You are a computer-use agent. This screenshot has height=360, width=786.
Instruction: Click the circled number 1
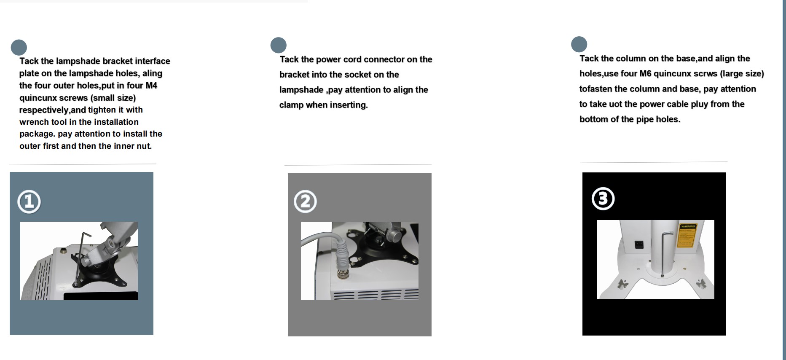click(x=29, y=201)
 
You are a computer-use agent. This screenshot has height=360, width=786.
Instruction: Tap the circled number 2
click(x=305, y=201)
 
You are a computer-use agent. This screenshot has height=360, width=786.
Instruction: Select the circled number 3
click(x=603, y=199)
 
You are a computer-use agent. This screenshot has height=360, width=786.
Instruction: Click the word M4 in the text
click(x=151, y=86)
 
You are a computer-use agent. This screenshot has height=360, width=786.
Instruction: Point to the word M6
click(x=645, y=74)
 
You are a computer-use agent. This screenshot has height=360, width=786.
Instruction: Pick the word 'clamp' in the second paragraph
click(x=291, y=105)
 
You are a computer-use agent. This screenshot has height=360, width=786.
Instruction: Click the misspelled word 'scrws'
click(x=705, y=74)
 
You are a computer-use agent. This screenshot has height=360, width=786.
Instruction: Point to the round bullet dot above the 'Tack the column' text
click(x=579, y=44)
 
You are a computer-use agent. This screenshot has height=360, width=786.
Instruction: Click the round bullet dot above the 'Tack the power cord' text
click(x=278, y=45)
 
